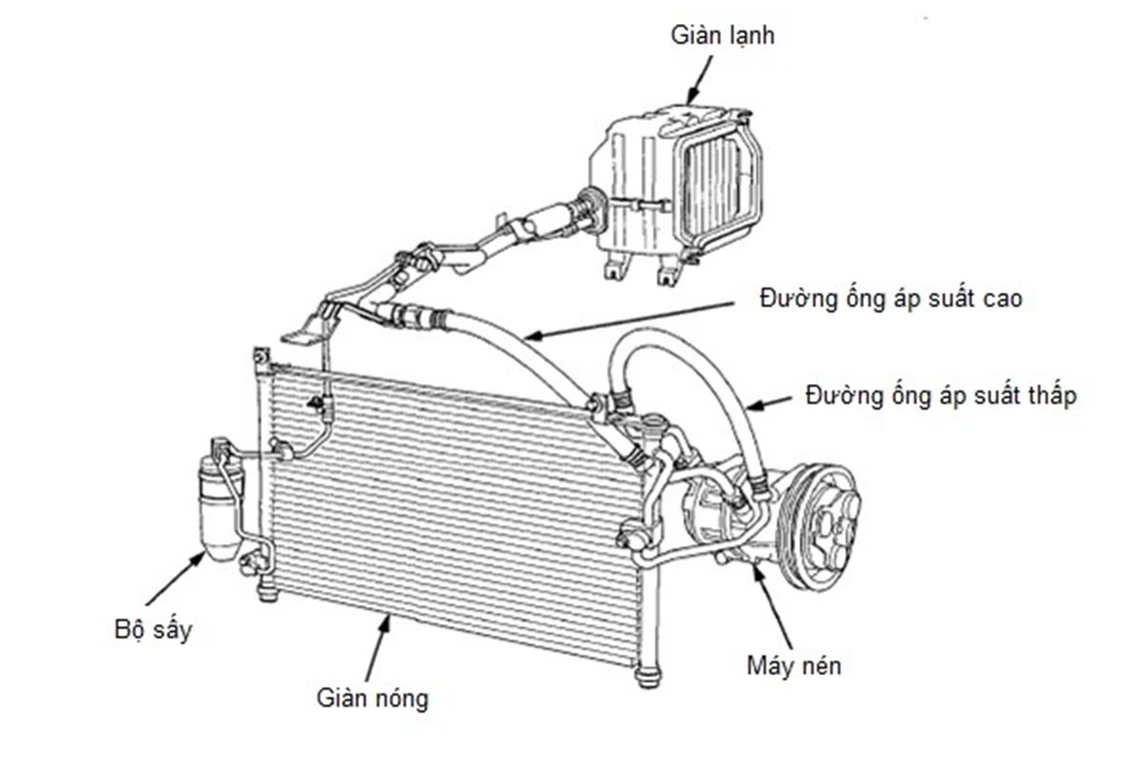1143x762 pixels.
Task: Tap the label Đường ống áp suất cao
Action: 891,299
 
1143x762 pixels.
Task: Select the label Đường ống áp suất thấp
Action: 941,394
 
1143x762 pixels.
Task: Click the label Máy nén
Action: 793,664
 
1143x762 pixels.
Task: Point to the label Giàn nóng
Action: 372,697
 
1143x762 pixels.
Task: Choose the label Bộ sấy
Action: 147,631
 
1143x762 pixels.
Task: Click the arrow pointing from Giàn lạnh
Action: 700,77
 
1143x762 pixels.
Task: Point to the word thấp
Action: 1051,394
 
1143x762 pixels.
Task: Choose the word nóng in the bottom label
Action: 399,698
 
